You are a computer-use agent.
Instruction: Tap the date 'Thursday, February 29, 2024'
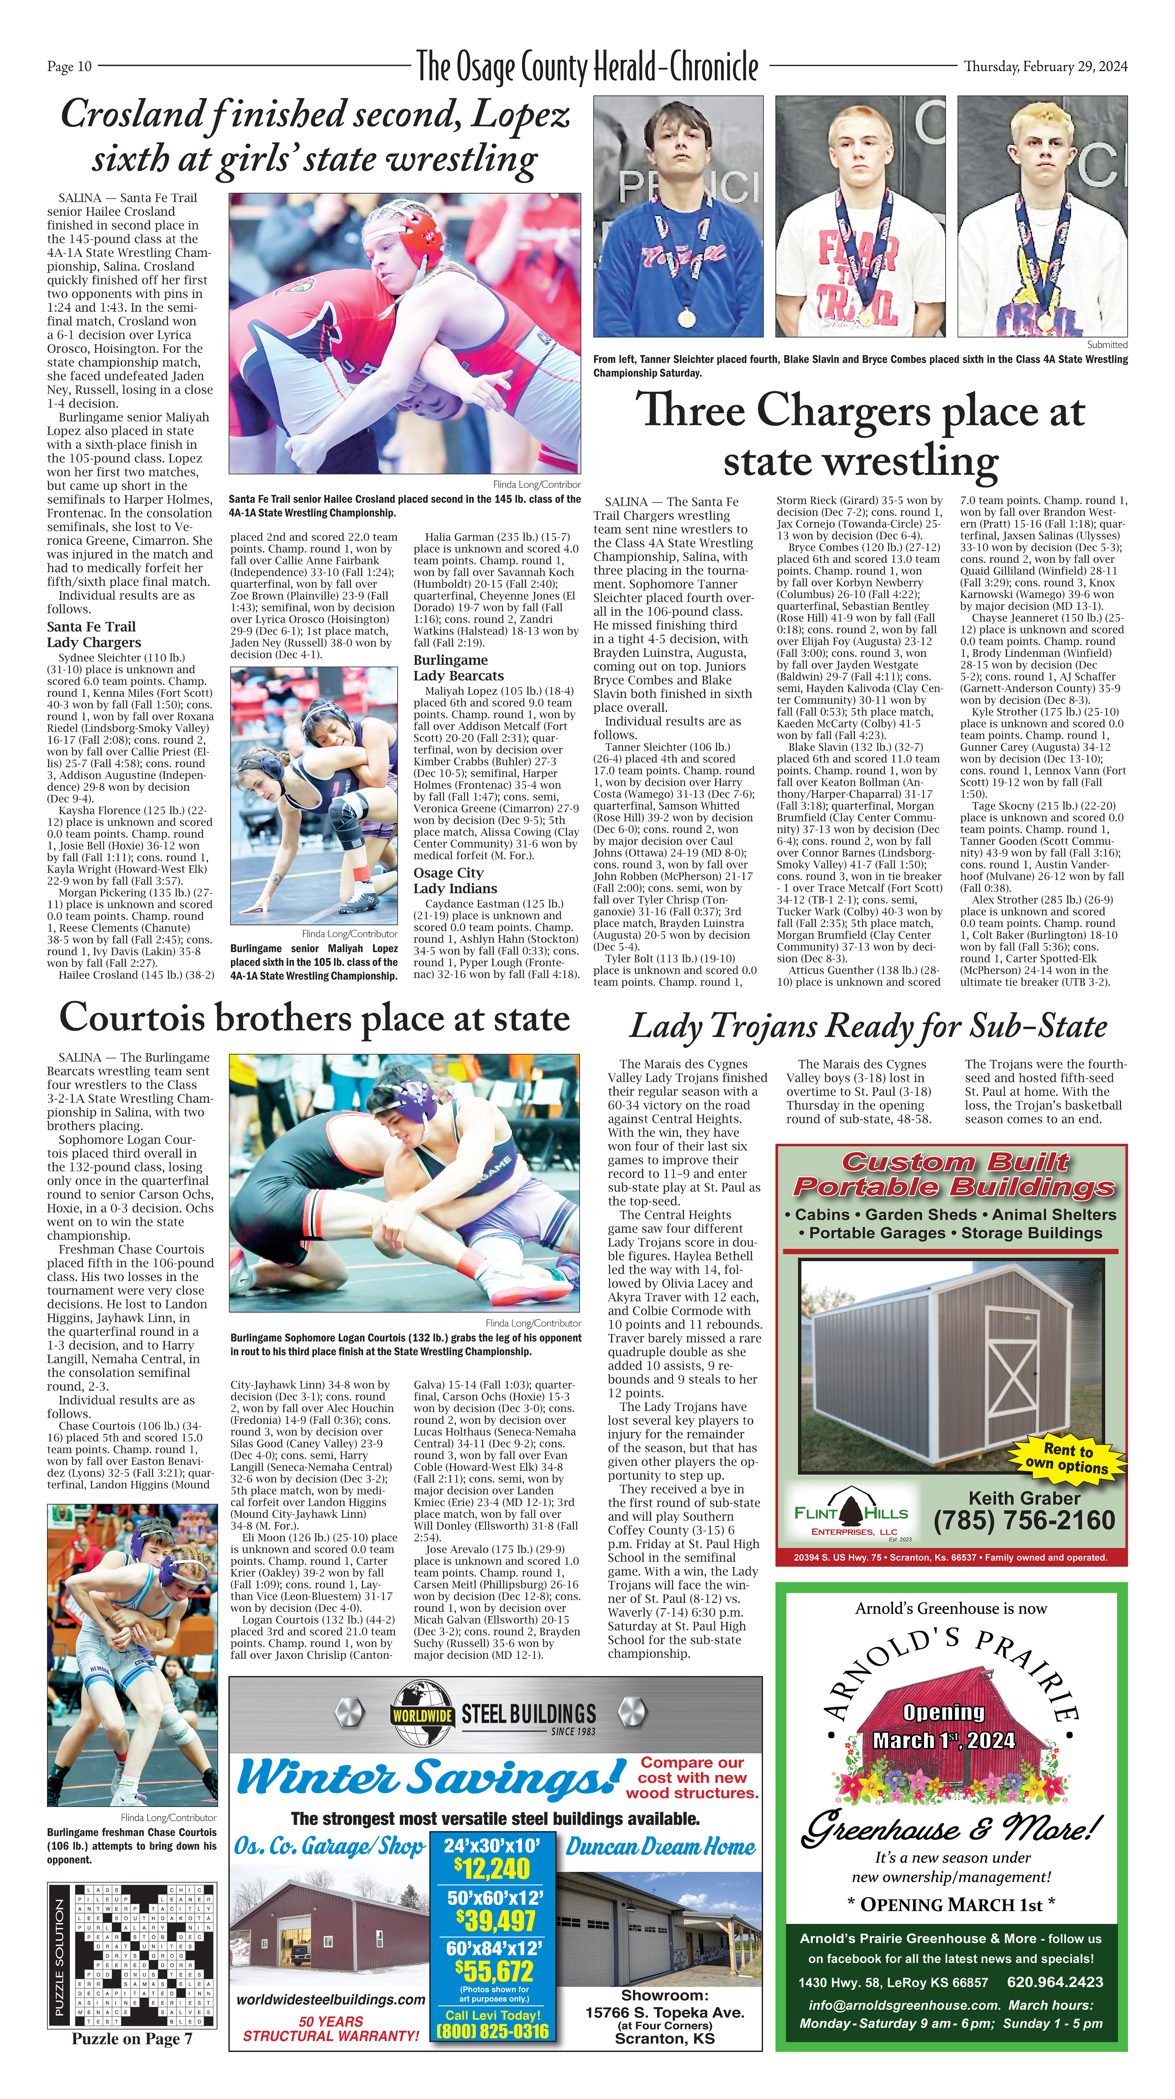click(x=1046, y=67)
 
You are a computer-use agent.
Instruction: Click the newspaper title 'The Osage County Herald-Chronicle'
click(x=587, y=67)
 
